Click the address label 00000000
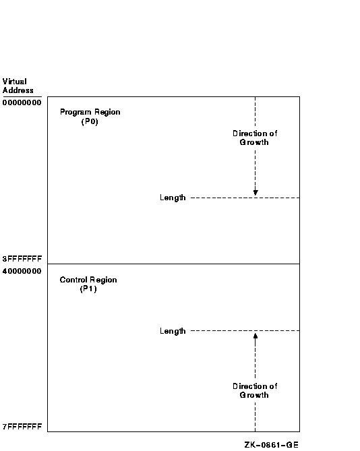[x=22, y=102]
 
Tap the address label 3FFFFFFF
[x=22, y=259]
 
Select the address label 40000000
[x=22, y=271]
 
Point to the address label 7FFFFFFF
[x=22, y=427]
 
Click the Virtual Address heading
[x=18, y=86]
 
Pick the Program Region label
[x=90, y=112]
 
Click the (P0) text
[x=90, y=121]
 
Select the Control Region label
[x=88, y=280]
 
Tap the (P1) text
[x=88, y=289]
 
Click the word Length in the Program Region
[x=173, y=198]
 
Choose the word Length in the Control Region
[x=173, y=331]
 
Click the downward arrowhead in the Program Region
[x=256, y=193]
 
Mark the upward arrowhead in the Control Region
[x=256, y=336]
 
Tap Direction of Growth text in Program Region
[x=255, y=138]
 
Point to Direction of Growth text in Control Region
[x=255, y=390]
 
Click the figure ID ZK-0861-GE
[x=272, y=445]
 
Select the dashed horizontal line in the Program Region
[x=245, y=198]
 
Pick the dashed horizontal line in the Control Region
[x=245, y=331]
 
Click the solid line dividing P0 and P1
[x=173, y=264]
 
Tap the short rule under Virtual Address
[x=22, y=97]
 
